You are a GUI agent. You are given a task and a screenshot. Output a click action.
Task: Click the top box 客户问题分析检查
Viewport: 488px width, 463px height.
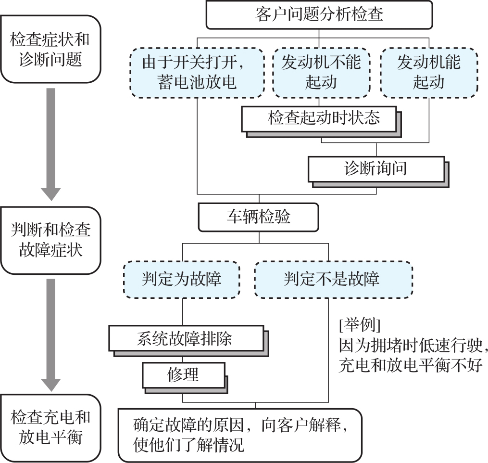(x=320, y=15)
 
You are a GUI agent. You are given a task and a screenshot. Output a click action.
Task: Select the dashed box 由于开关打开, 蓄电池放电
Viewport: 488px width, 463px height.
(x=197, y=72)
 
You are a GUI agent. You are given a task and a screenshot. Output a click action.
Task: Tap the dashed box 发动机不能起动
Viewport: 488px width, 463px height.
(x=321, y=72)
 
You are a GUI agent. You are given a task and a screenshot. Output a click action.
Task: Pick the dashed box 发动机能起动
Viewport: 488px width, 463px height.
(x=428, y=72)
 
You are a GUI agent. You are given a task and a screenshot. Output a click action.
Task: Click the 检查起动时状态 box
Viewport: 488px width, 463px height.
(x=320, y=118)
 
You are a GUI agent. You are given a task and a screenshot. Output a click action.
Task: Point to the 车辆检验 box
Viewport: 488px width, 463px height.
(x=259, y=217)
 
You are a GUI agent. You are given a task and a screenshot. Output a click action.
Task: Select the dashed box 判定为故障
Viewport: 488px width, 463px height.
(x=182, y=279)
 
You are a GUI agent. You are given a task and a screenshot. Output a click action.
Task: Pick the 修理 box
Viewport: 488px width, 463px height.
(x=183, y=374)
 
